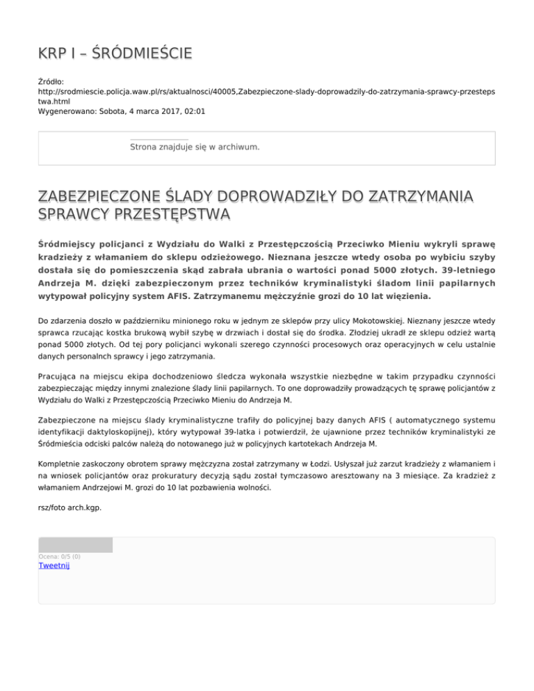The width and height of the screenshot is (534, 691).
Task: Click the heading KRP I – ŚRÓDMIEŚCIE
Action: [x=115, y=54]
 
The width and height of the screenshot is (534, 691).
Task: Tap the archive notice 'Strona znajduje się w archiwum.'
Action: [x=195, y=147]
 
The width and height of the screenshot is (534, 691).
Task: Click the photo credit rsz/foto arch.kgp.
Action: [x=70, y=507]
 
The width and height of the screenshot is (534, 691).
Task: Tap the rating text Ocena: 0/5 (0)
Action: [x=59, y=556]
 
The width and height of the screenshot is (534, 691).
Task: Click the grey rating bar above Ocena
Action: [x=75, y=544]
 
